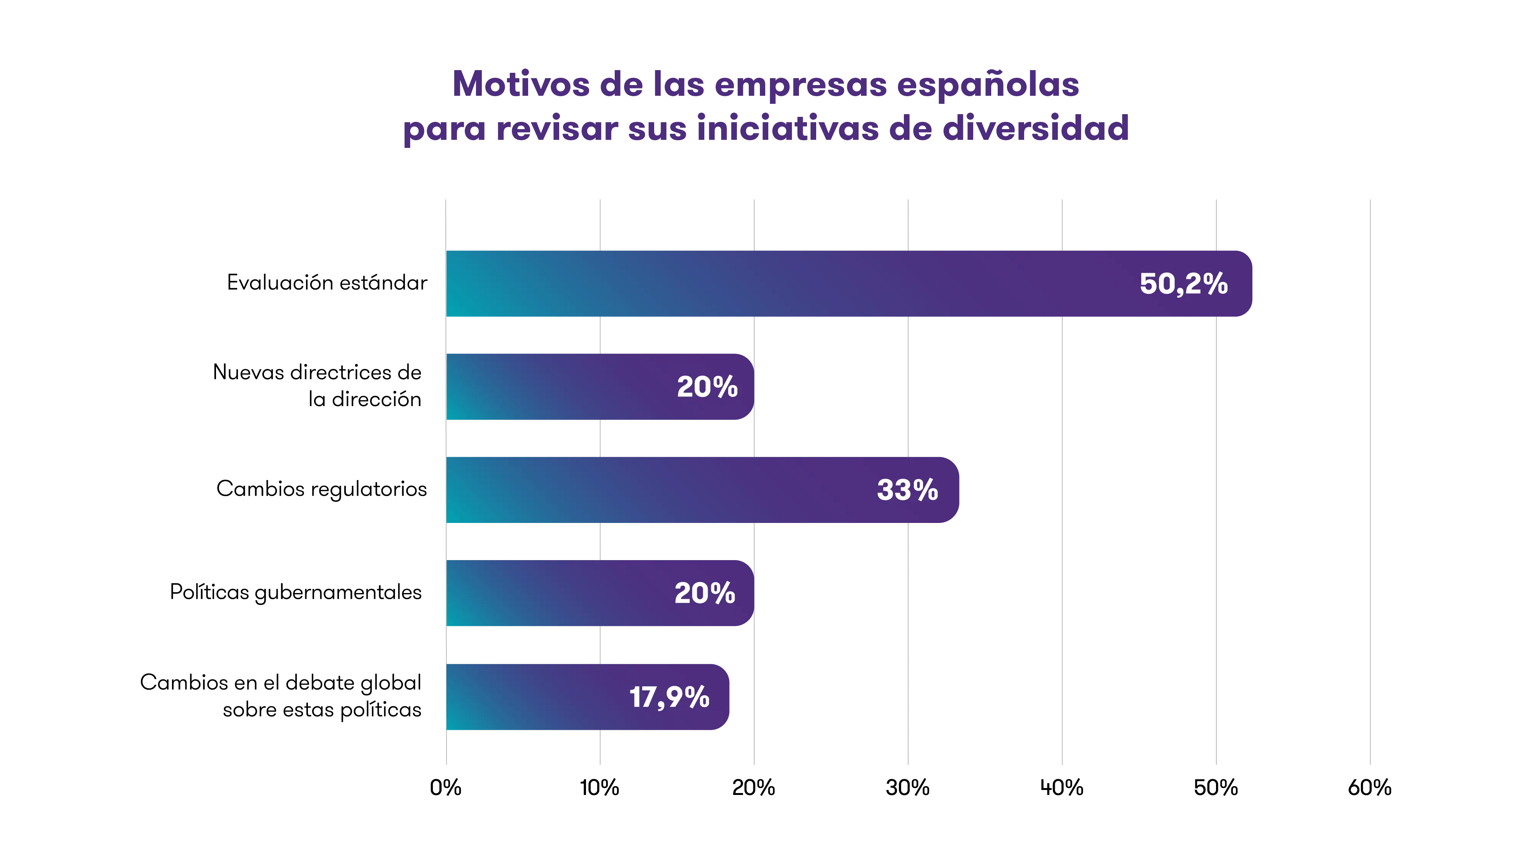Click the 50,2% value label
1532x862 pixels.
click(x=1183, y=284)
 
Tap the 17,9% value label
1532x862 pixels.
click(x=669, y=696)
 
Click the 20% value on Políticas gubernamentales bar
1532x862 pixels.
click(x=705, y=593)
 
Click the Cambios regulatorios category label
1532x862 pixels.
click(x=321, y=489)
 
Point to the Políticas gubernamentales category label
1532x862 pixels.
click(x=296, y=593)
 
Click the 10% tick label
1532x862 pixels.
click(x=599, y=788)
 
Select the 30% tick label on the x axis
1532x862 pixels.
click(x=908, y=788)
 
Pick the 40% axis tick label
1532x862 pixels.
click(x=1062, y=788)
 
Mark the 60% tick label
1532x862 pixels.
click(x=1370, y=788)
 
